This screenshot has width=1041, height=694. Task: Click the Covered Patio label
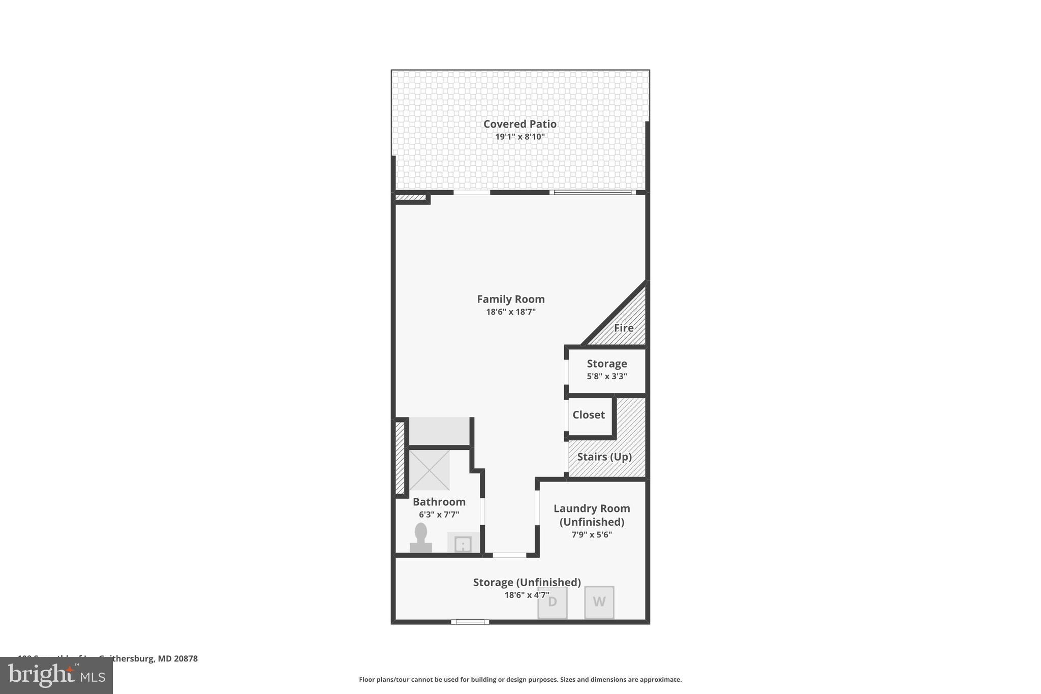(519, 124)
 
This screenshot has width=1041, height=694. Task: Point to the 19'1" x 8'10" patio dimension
(519, 137)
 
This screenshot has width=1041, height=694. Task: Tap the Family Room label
(510, 299)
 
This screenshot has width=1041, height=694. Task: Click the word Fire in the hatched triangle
(624, 328)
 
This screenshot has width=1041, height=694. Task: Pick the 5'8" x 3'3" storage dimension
(606, 377)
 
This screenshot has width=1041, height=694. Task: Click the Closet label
(589, 415)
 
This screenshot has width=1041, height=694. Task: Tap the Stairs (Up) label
(604, 457)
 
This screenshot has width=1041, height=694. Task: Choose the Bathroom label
(439, 502)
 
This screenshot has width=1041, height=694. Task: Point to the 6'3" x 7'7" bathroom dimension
(439, 515)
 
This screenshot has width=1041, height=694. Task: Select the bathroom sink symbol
(463, 544)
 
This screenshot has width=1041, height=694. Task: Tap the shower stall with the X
(430, 470)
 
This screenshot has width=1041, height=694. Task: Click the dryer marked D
(553, 602)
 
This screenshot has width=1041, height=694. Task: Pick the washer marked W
(599, 602)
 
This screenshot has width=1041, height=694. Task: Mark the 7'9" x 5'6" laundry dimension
(591, 535)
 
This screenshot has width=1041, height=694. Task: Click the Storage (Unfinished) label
(527, 583)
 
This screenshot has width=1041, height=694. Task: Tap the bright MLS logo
(56, 675)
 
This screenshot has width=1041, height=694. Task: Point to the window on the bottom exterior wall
(470, 622)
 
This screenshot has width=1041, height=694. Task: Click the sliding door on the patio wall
(593, 193)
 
